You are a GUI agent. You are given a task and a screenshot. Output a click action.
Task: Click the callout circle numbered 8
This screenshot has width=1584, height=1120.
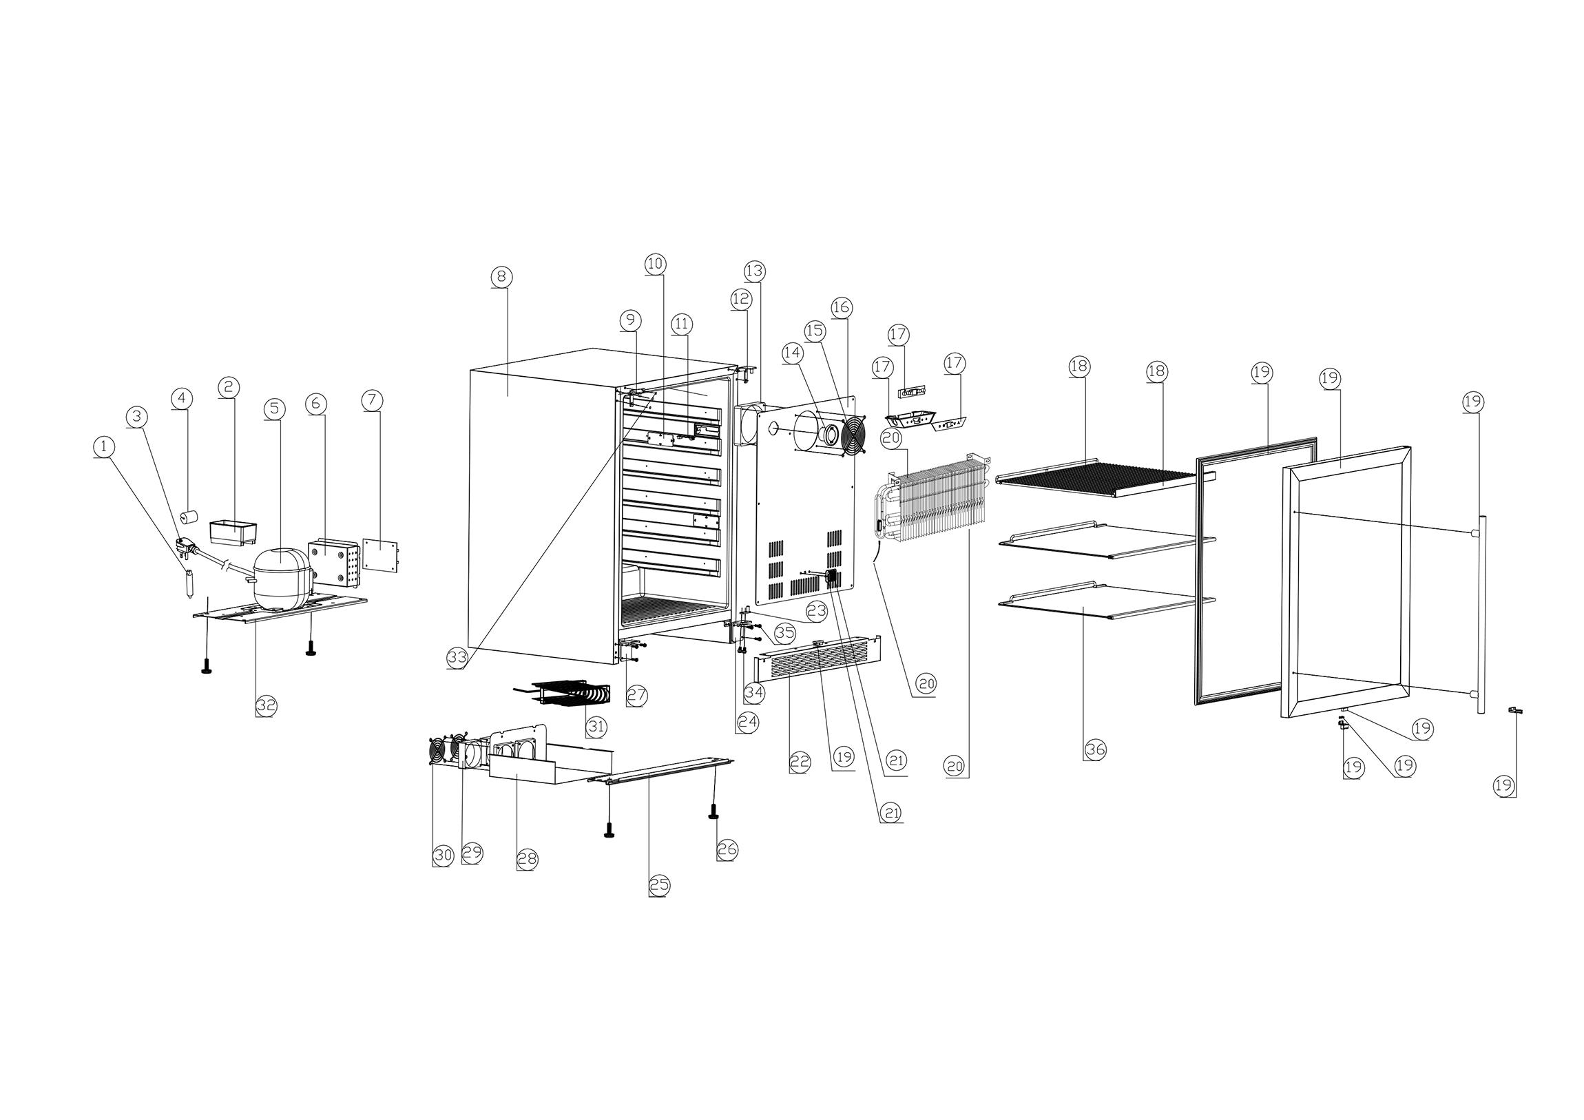click(501, 277)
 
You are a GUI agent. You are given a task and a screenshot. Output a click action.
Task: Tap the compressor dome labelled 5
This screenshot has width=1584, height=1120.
click(279, 570)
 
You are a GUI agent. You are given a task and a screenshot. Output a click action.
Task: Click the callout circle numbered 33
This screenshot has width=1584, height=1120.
click(457, 658)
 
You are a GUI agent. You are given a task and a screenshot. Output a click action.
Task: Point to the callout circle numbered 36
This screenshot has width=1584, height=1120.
click(1095, 749)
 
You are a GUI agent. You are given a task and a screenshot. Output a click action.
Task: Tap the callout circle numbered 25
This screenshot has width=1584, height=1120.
click(659, 885)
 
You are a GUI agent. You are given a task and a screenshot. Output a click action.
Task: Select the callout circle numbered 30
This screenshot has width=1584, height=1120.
click(442, 855)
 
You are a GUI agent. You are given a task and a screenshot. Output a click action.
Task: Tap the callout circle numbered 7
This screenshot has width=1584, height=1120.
click(371, 400)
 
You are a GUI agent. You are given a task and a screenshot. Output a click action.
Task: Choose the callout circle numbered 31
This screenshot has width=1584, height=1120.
click(596, 727)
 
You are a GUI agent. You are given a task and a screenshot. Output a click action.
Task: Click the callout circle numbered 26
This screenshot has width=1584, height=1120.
click(727, 850)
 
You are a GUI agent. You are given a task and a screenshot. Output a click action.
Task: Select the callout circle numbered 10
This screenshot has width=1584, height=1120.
click(655, 263)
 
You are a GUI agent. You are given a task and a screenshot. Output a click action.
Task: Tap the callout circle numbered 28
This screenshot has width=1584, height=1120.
click(528, 860)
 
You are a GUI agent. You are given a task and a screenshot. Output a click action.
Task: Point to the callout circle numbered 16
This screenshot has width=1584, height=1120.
click(841, 307)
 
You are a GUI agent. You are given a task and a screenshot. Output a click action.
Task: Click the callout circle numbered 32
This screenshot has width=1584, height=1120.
click(267, 705)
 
